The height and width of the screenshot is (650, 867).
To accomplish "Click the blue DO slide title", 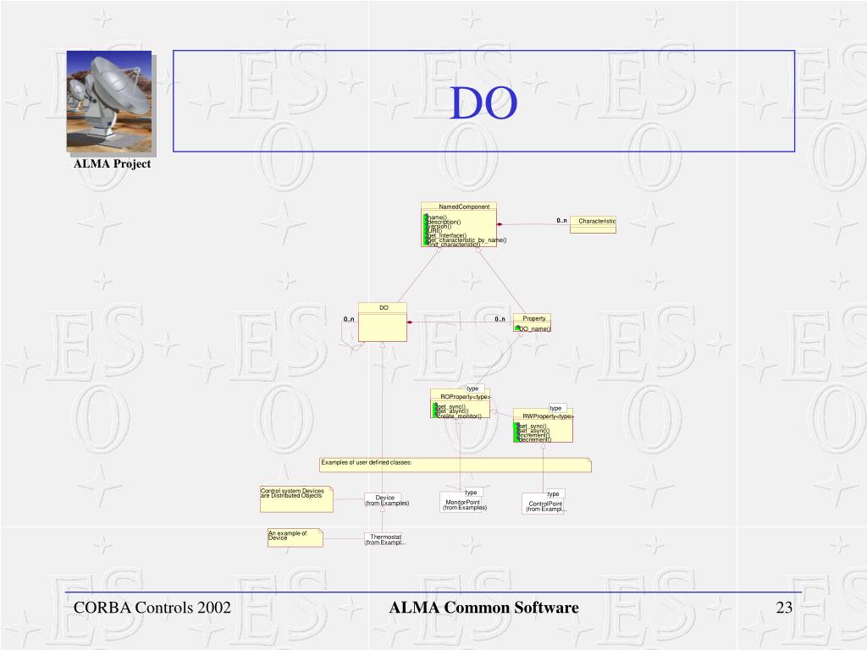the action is [483, 103].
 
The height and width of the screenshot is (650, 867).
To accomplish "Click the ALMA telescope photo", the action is [109, 101].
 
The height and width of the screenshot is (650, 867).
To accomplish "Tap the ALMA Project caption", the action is [112, 164].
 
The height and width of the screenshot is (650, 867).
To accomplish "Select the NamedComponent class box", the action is [458, 224].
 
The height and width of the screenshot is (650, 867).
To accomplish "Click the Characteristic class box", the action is [593, 223].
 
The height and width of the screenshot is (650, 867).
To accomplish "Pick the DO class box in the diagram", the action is [383, 322].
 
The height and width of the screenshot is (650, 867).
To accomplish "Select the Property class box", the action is [532, 323].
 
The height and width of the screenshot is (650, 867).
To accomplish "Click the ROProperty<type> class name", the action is [465, 397].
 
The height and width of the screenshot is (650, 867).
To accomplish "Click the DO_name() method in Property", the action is [534, 328].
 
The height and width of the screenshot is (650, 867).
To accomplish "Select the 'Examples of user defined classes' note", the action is [454, 464].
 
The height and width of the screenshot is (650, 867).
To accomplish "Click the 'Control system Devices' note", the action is [295, 498].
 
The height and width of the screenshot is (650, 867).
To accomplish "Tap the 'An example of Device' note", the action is [294, 537].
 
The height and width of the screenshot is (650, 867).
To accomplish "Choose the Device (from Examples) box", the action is [385, 500].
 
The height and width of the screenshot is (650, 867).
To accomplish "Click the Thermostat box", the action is [385, 539].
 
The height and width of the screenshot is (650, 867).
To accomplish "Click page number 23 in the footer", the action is [783, 608].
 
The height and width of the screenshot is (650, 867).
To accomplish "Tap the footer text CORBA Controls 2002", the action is [152, 608].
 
